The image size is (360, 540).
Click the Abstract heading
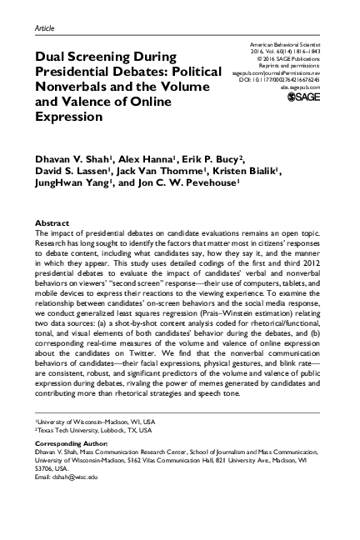pos(51,223)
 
